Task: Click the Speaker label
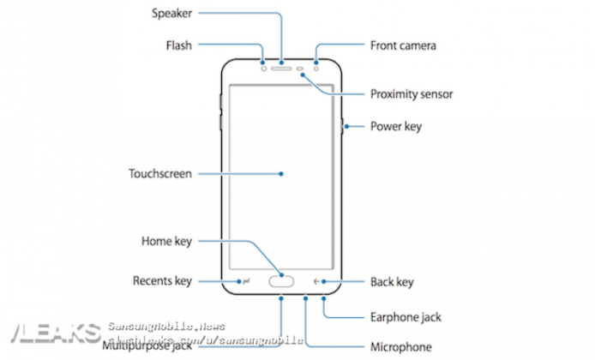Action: coord(171,14)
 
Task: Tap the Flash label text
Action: coord(178,45)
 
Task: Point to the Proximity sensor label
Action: coord(411,94)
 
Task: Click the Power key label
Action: coord(395,127)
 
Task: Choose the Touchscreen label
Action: coord(160,173)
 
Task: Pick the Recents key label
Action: coord(162,281)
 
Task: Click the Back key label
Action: coord(392,281)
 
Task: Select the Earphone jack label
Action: coord(406,317)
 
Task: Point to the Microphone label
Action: coord(400,347)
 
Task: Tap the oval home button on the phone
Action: coord(281,280)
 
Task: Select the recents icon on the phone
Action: coord(245,280)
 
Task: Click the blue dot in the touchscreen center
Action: coord(281,173)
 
